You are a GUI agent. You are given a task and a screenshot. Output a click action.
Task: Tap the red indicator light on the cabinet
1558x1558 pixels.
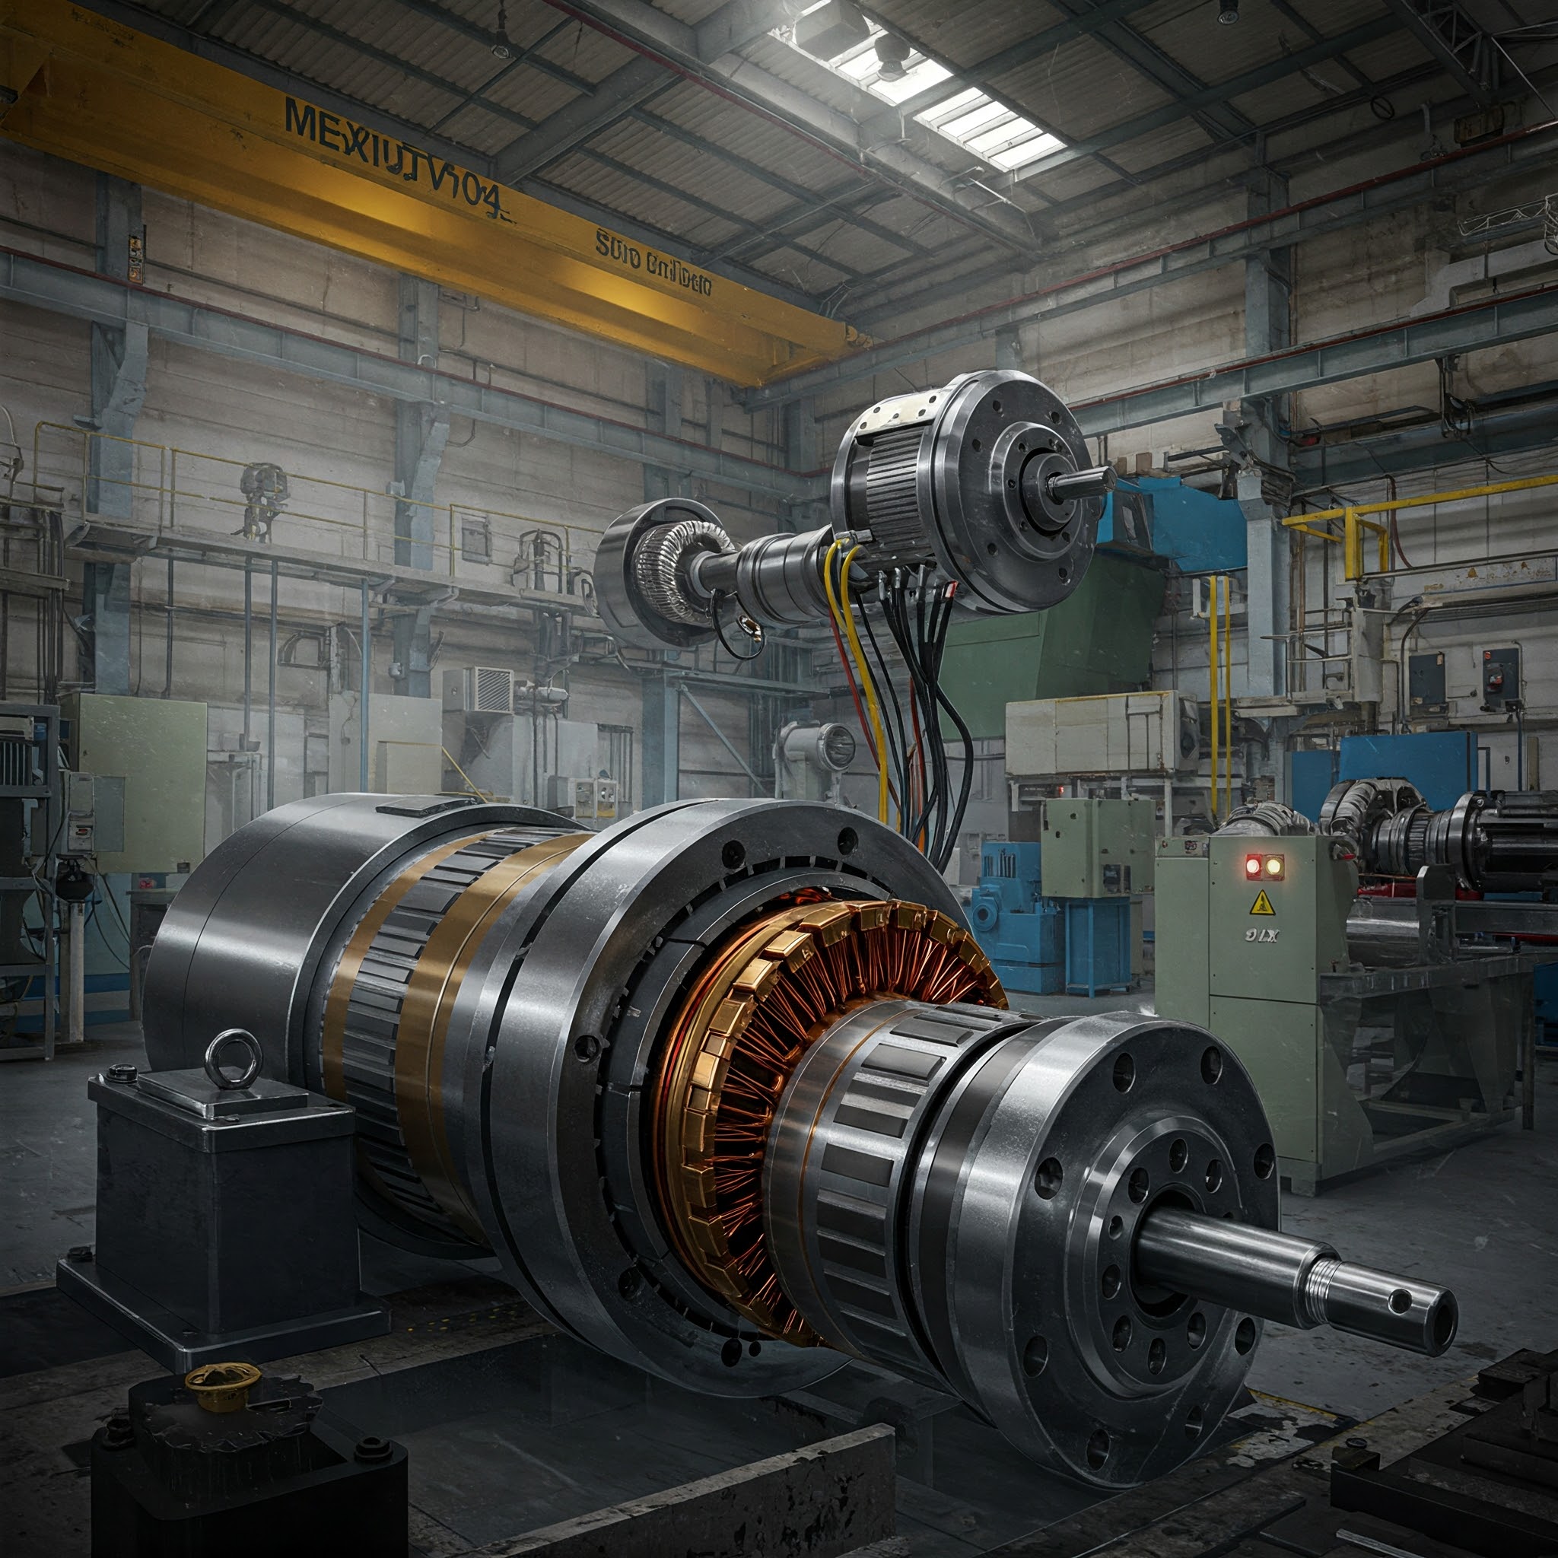[x=1252, y=868]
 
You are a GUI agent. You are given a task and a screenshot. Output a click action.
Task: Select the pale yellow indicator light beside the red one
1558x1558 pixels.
[x=1273, y=868]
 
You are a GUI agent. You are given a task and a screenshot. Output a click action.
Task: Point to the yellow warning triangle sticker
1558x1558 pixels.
[x=1258, y=904]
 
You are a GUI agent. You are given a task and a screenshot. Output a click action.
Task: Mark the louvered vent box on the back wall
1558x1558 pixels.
[x=491, y=689]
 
